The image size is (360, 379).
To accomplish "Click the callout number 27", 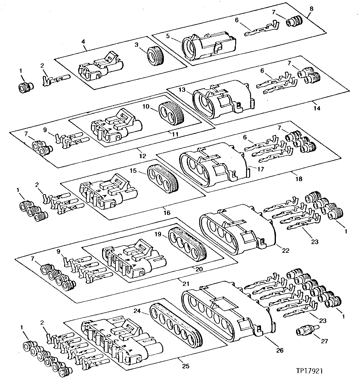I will [x=324, y=341].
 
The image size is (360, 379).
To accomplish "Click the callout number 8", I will [x=311, y=8].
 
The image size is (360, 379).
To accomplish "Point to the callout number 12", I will [x=142, y=156].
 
